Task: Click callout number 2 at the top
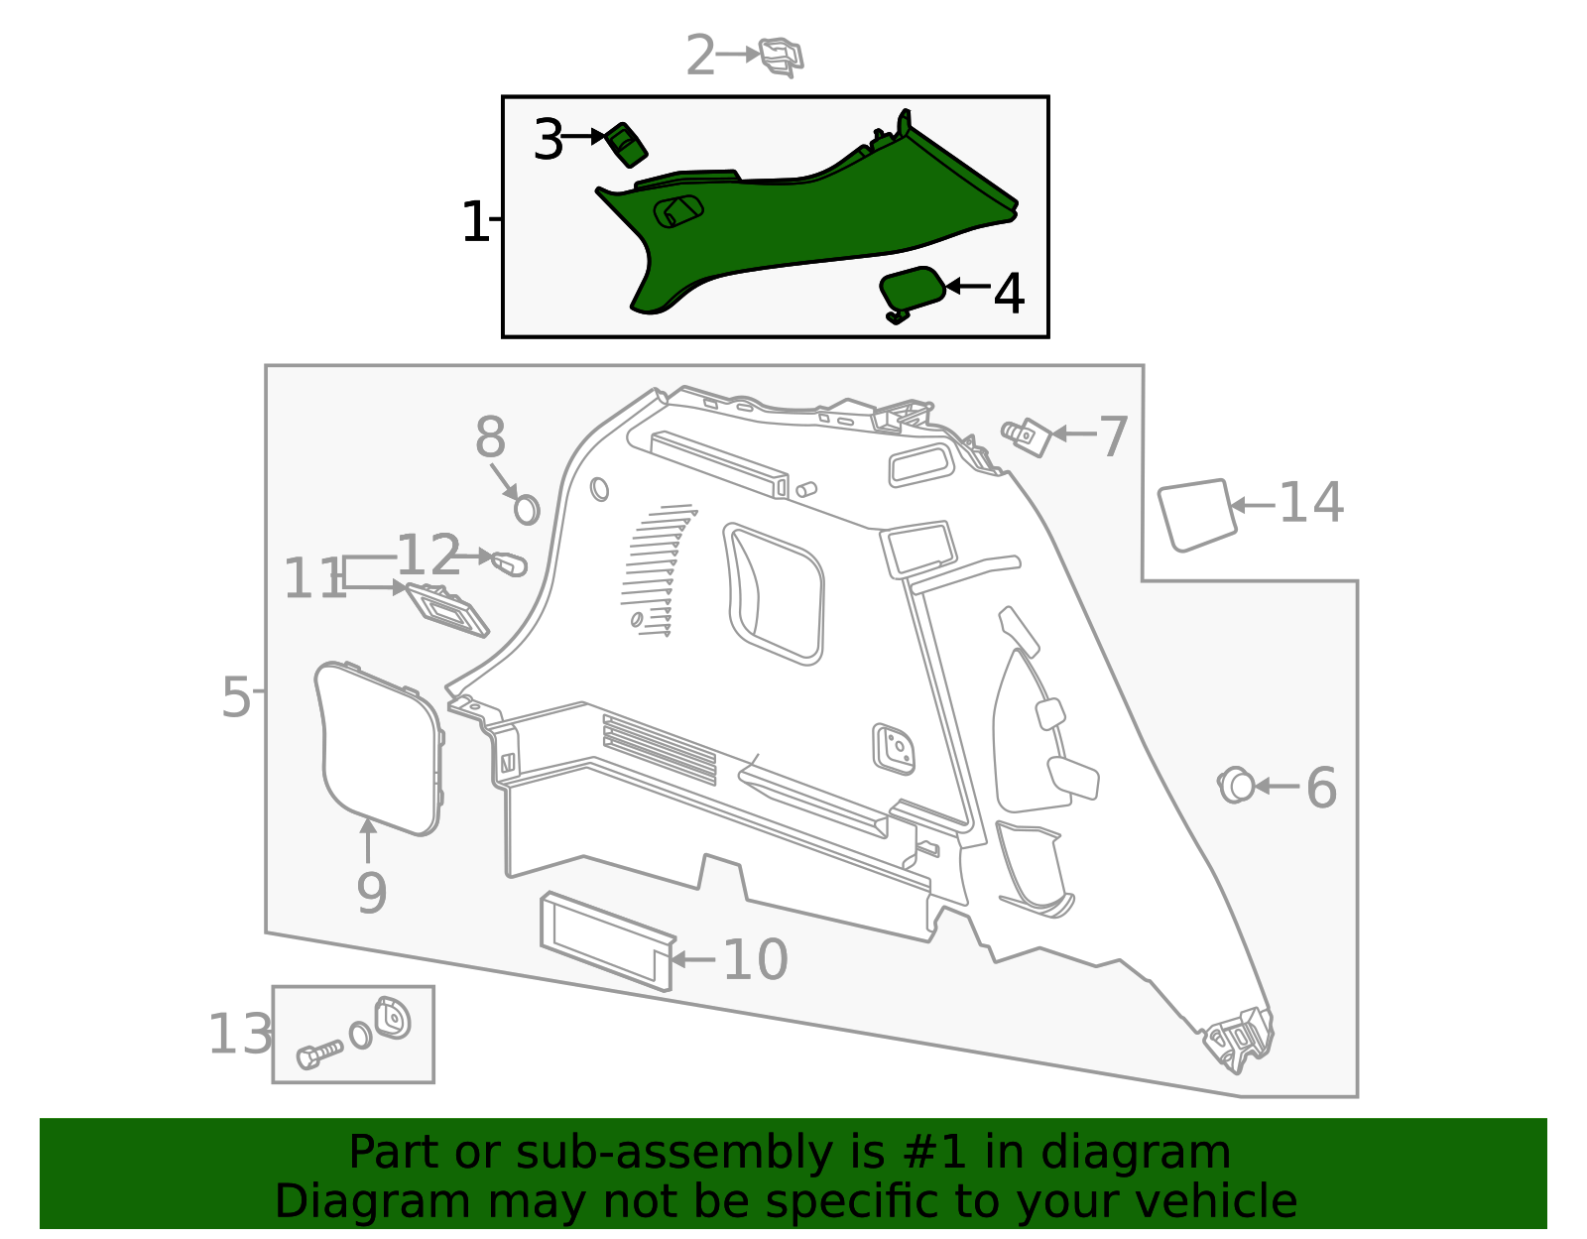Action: coord(700,56)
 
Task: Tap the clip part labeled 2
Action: coord(782,57)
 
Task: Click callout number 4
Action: coord(1009,295)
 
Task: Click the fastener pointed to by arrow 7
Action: coord(1029,435)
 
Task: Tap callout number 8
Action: coord(490,437)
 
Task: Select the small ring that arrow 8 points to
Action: coord(527,510)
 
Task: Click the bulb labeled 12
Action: coord(509,564)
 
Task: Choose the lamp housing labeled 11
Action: coord(448,608)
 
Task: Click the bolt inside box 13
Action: coord(319,1053)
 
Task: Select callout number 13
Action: coord(239,1035)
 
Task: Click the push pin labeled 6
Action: coord(1236,786)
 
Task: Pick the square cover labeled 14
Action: coord(1197,514)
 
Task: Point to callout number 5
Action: coord(236,697)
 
